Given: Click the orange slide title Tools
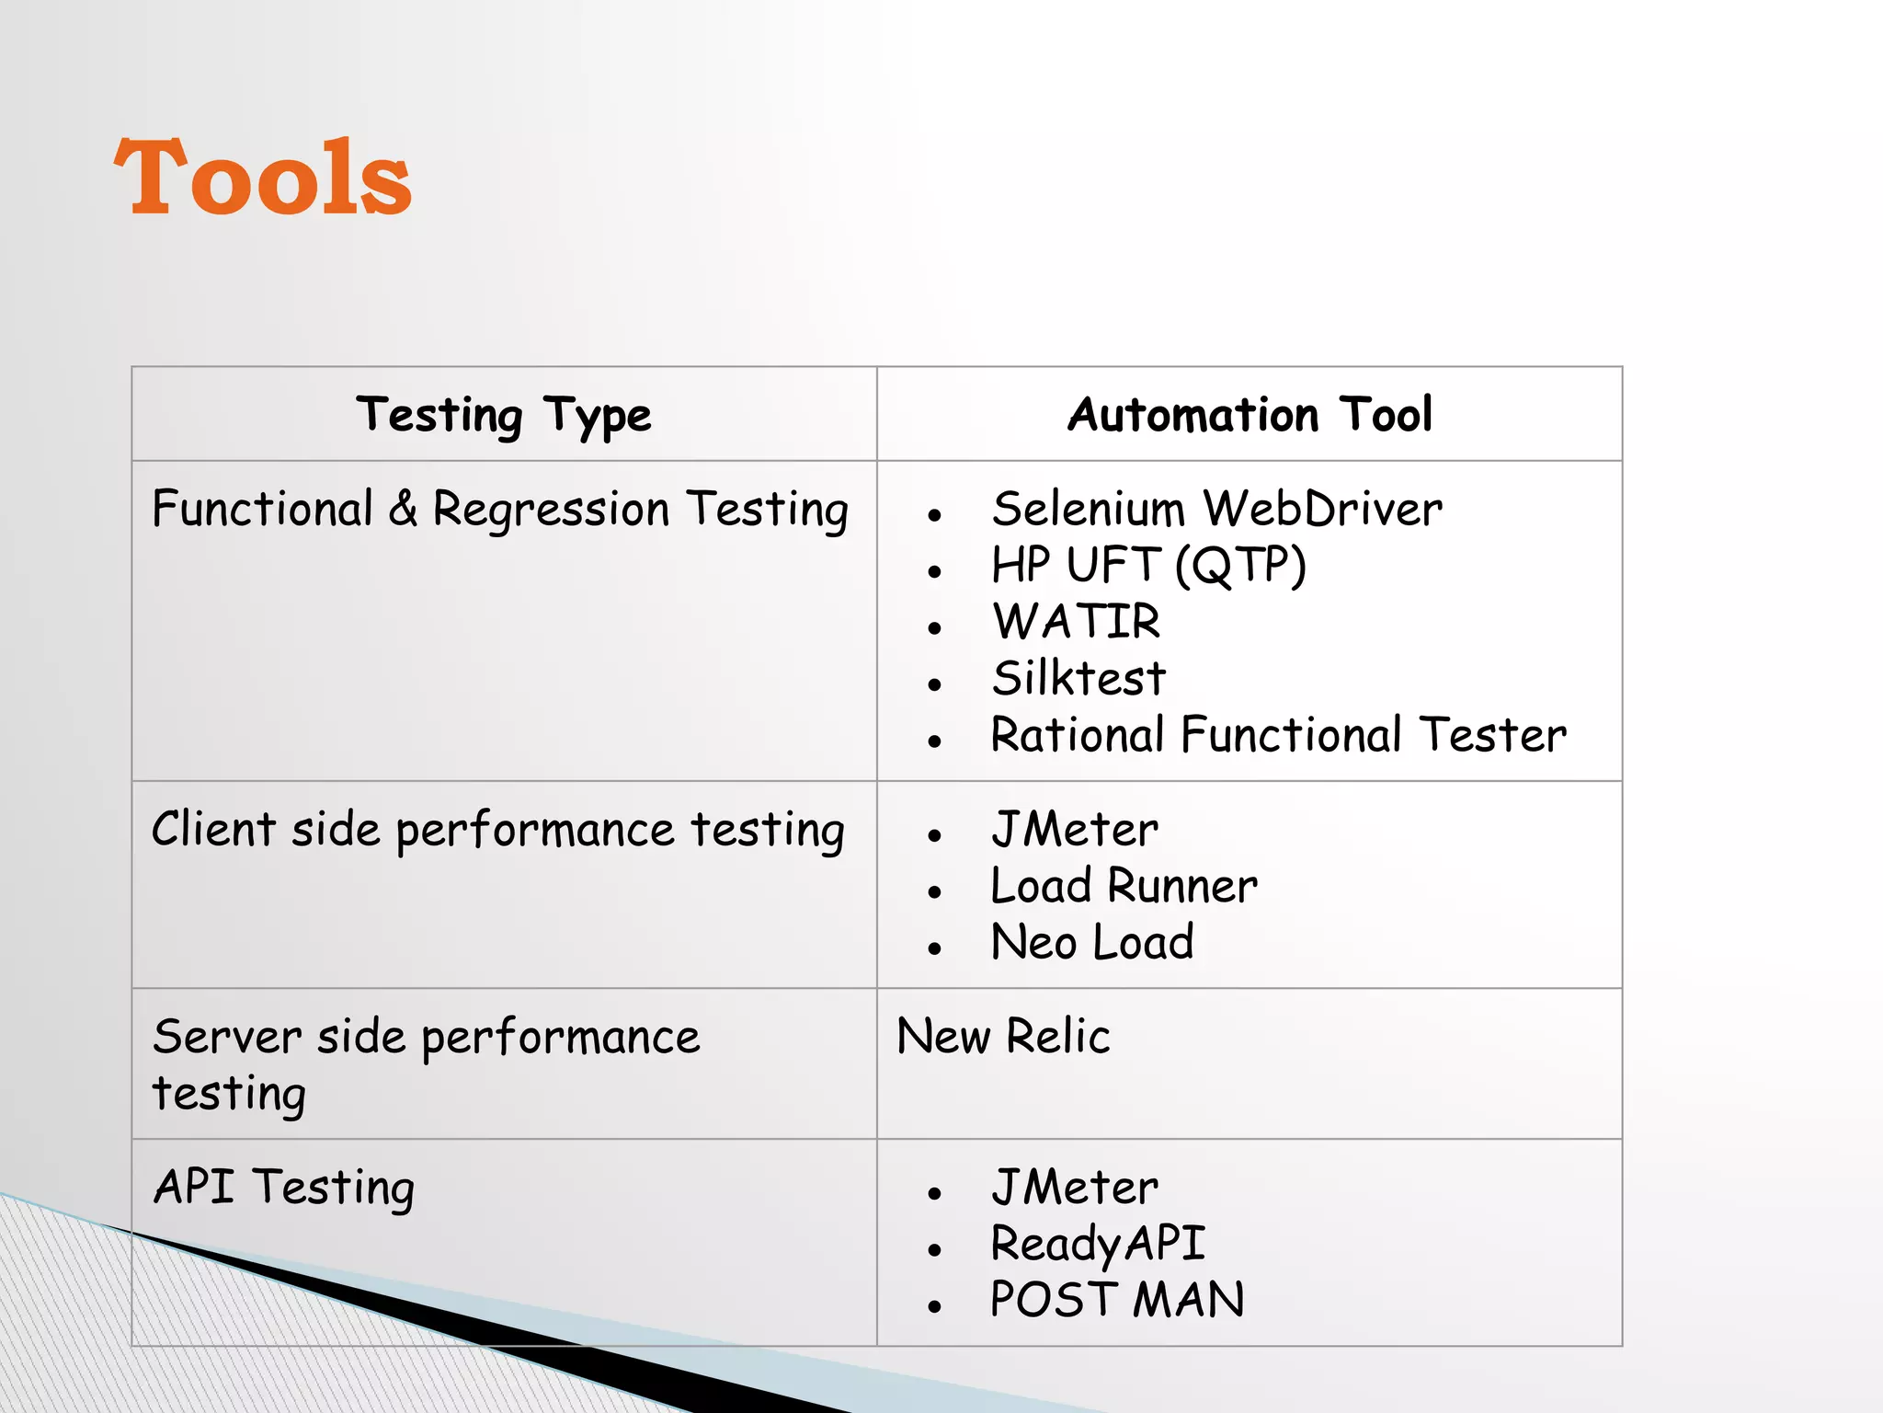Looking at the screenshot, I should (263, 178).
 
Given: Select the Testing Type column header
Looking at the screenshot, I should (504, 416).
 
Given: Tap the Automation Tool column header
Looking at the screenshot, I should (1250, 415).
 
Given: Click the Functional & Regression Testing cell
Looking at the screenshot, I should (500, 511).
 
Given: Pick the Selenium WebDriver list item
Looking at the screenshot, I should (1216, 509).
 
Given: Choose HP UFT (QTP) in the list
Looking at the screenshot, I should (1148, 565).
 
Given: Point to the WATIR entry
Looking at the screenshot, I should (1076, 622).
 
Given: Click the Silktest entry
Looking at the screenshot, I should (1078, 679).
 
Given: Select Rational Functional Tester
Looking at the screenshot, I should (1278, 735).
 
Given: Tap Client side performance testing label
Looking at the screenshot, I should (497, 830).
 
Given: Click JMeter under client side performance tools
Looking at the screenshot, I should (1074, 830).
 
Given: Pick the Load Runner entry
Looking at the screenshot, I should (1124, 887).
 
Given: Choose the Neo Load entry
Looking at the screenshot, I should (1092, 943).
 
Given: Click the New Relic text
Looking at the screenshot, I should (1003, 1037).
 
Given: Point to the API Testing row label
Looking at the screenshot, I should (284, 1188).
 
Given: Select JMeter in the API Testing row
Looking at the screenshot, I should (1074, 1188).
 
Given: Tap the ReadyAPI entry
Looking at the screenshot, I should (1098, 1245).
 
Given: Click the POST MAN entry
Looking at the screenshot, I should (1117, 1301).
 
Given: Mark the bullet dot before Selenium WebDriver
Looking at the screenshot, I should (935, 515).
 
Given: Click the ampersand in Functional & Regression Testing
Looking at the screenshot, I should (403, 510).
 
